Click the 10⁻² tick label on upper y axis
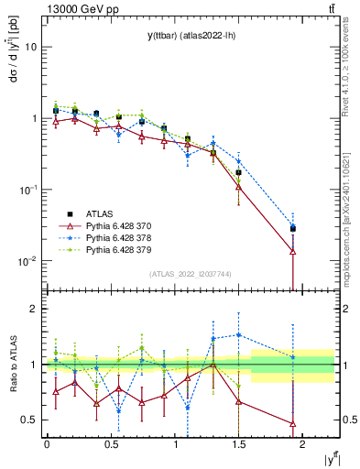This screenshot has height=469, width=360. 27,261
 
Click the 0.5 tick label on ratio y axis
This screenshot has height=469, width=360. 28,420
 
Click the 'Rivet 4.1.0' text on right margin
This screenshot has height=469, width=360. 351,82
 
